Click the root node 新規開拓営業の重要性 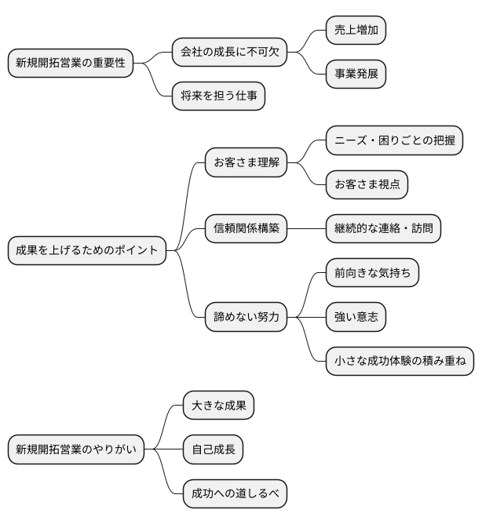click(70, 64)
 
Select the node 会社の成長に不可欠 click(228, 53)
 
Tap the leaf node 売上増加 click(356, 31)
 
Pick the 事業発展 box click(356, 74)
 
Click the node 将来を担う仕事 click(218, 96)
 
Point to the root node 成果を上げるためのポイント click(86, 251)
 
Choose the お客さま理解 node click(245, 162)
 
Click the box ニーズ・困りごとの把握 click(394, 140)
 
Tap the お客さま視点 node click(367, 184)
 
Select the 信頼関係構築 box click(245, 229)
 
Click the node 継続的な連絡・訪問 click(383, 229)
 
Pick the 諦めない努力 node click(245, 318)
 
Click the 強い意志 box click(356, 318)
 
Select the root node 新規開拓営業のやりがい click(75, 449)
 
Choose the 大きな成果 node click(217, 406)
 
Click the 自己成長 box click(212, 449)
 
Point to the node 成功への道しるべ click(234, 494)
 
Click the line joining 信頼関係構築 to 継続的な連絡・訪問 click(307, 229)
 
